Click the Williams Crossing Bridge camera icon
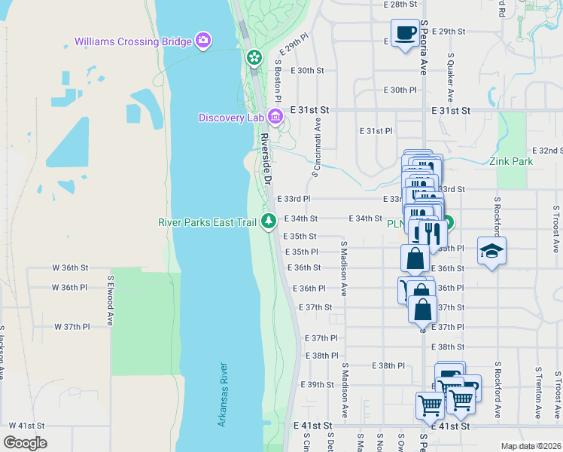pyautogui.click(x=203, y=40)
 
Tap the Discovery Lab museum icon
pyautogui.click(x=275, y=117)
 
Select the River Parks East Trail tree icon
pyautogui.click(x=269, y=221)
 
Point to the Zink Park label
pyautogui.click(x=510, y=161)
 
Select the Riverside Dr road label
pyautogui.click(x=265, y=159)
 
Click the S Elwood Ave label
pyautogui.click(x=110, y=299)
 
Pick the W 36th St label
pyautogui.click(x=70, y=267)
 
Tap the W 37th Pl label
pyautogui.click(x=72, y=327)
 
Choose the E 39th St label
pyautogui.click(x=317, y=384)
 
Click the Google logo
pyautogui.click(x=25, y=442)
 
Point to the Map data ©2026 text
pyautogui.click(x=531, y=446)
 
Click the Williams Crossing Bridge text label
pyautogui.click(x=133, y=41)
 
